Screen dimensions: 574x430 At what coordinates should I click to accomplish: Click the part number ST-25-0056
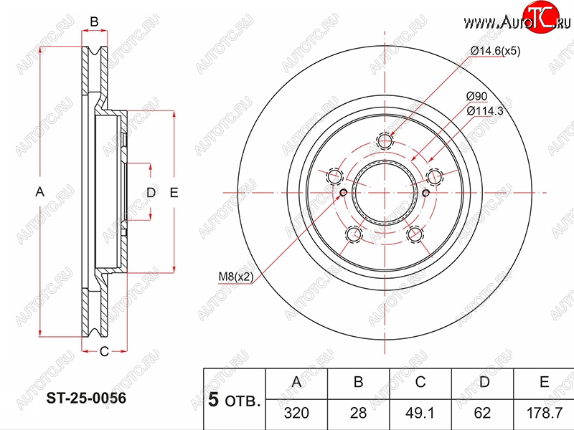click(86, 398)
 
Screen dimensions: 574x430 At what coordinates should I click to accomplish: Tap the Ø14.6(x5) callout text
click(495, 51)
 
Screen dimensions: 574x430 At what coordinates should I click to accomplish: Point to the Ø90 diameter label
click(476, 97)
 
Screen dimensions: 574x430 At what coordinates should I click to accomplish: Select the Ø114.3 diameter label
click(485, 110)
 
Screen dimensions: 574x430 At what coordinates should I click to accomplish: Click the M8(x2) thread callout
click(236, 277)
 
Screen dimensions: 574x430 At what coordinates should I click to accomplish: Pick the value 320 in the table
click(296, 414)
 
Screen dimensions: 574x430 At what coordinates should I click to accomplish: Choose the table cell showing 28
click(358, 414)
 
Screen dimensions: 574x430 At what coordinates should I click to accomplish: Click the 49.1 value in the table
click(420, 414)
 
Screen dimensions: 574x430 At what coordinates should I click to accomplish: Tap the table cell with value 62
click(482, 414)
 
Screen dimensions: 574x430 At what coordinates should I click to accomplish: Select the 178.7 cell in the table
click(545, 414)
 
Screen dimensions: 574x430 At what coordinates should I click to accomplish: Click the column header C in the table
click(420, 382)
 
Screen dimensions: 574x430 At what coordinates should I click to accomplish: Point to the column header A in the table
click(296, 382)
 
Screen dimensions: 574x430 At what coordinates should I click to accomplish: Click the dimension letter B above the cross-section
click(94, 22)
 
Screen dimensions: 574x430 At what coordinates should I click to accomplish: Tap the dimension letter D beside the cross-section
click(151, 192)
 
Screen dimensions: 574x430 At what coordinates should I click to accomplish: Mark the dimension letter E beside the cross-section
click(174, 192)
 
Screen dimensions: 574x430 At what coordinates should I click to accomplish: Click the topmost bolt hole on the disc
click(385, 141)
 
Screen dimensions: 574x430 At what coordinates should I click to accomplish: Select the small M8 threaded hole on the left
click(344, 193)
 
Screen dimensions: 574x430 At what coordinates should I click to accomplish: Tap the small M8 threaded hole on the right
click(425, 193)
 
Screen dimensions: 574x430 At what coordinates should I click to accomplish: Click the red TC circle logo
click(541, 16)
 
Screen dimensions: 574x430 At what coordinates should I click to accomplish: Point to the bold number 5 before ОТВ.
click(214, 400)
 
